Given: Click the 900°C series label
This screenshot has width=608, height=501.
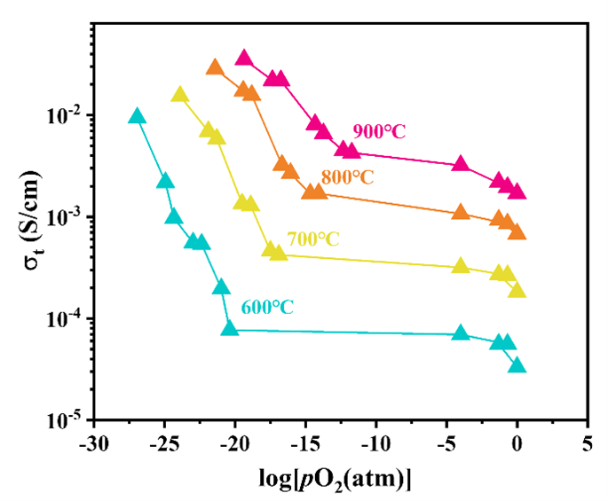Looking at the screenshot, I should [x=379, y=131].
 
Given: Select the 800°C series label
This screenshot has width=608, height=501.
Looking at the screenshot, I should [x=347, y=177].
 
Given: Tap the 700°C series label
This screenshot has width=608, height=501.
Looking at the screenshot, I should [x=312, y=239].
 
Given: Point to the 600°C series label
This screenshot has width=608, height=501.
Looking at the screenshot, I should [x=267, y=308].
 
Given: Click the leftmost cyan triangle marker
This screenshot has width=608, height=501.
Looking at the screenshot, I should [x=137, y=116].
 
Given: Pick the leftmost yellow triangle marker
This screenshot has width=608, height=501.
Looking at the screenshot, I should [x=180, y=95].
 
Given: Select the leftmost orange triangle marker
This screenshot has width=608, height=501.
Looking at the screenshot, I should [x=215, y=67].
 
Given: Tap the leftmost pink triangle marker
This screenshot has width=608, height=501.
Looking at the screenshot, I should [x=245, y=58].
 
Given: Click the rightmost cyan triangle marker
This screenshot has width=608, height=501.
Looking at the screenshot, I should [x=517, y=365].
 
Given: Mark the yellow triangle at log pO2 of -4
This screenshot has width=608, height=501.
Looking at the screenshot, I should [x=461, y=266].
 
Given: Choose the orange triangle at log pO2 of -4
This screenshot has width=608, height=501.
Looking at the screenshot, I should [x=461, y=212].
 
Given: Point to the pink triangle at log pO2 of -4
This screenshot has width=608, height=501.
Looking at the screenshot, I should [x=461, y=164].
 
